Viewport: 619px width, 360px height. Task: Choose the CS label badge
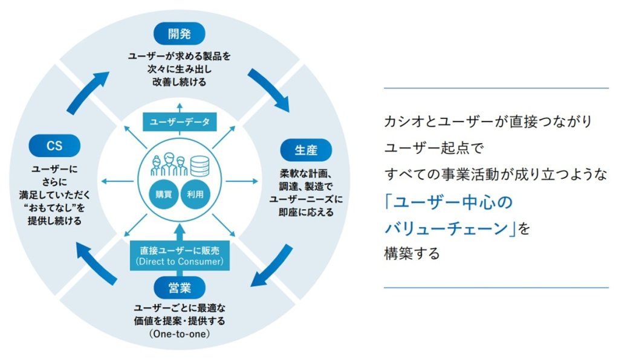(x=54, y=146)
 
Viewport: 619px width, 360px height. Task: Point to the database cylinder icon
(x=200, y=164)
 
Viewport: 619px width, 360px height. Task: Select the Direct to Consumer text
(x=180, y=262)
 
